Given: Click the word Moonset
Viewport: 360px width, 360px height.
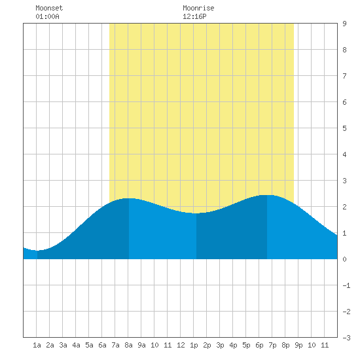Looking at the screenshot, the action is point(49,8).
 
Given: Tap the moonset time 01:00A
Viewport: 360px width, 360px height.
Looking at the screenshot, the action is point(48,16).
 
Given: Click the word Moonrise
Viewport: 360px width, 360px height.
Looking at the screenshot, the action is point(198,8).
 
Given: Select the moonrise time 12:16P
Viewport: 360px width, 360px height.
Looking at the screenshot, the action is point(194,16).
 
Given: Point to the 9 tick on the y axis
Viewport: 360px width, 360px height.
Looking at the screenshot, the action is point(344,24).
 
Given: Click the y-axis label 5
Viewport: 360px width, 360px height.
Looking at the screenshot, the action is point(344,128).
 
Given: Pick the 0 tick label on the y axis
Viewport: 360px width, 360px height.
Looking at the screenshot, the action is point(344,259).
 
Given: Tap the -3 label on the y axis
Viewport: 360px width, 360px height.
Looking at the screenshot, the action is point(346,338).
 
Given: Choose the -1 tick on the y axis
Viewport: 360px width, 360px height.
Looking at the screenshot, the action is point(346,285).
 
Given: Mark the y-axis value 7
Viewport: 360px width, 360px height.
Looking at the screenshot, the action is point(344,76).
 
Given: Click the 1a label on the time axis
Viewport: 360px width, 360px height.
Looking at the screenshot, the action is point(37,345).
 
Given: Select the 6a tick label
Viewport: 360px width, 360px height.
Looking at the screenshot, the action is point(102,345).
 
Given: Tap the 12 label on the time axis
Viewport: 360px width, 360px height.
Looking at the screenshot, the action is point(181,345).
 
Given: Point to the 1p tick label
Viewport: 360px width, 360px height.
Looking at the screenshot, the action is point(194,345).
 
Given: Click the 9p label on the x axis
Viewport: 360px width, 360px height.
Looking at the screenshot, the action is point(298,345).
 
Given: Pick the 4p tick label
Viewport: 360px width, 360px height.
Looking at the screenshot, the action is point(233,345).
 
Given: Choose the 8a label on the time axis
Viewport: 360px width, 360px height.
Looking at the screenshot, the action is point(128,345).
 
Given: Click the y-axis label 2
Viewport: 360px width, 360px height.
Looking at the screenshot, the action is point(344,207).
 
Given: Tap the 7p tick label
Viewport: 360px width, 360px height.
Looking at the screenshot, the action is point(272,345).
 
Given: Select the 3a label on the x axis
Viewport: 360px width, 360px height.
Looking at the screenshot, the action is point(63,345).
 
